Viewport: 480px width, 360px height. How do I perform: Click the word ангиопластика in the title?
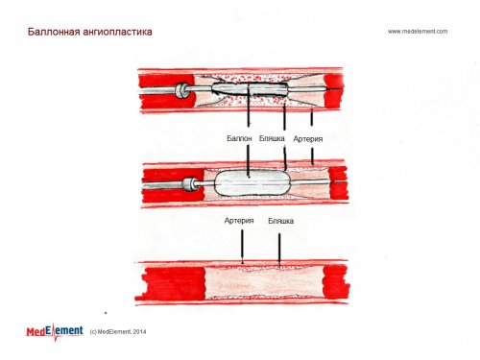tap(117, 33)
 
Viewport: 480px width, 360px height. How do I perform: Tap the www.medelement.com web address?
tap(418, 32)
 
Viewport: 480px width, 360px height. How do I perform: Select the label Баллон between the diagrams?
tap(239, 138)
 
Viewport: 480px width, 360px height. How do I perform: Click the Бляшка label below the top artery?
tap(272, 138)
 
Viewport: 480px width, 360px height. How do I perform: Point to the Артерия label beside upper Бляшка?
tap(308, 139)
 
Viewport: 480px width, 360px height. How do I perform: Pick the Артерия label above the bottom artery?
tap(239, 221)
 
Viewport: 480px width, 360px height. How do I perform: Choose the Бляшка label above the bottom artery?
tap(280, 221)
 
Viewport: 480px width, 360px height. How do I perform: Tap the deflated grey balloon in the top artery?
tap(250, 89)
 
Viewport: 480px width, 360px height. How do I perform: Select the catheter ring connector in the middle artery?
tap(189, 184)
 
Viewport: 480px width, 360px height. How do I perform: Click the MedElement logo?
tap(55, 331)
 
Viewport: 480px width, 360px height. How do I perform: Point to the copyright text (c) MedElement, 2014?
tap(118, 332)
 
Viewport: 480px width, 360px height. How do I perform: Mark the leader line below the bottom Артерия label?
tap(242, 247)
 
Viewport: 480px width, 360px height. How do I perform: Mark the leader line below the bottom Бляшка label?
tap(279, 249)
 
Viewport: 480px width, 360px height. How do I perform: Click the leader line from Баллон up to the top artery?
tap(249, 106)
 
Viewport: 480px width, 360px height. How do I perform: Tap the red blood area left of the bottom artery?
tap(175, 283)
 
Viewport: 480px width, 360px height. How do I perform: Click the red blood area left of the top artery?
tap(166, 91)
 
